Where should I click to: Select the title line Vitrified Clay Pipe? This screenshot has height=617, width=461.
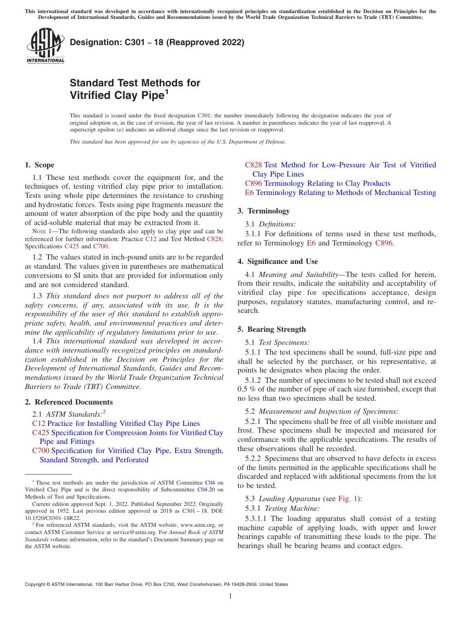tap(116, 96)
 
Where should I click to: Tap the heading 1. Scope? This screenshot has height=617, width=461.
tap(40, 165)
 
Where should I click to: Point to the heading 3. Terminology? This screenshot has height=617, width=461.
tap(264, 211)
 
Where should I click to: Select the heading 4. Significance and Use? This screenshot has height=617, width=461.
tap(278, 261)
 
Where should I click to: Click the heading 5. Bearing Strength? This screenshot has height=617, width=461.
tap(272, 329)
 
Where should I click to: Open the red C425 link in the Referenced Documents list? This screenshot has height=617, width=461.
tap(41, 433)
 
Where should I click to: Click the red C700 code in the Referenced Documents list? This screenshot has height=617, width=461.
tap(41, 451)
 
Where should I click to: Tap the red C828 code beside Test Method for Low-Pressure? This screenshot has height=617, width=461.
tap(253, 165)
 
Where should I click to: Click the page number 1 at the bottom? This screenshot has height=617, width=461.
tap(230, 596)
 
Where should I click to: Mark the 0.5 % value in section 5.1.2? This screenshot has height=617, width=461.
tap(247, 390)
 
